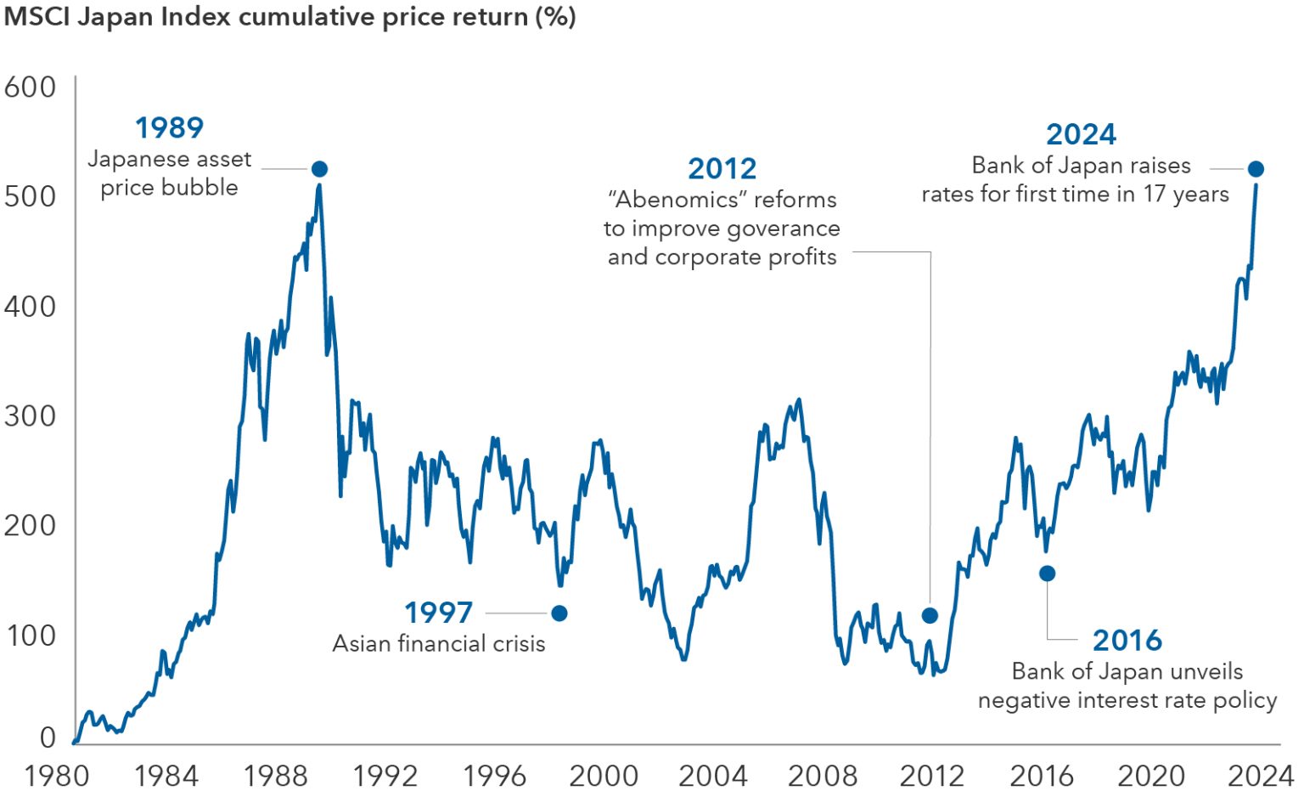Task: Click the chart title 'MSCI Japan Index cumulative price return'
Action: click(289, 17)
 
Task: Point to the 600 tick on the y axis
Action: click(31, 87)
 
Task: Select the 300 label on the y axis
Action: click(31, 416)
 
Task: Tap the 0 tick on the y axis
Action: click(48, 737)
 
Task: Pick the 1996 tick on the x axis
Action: click(494, 776)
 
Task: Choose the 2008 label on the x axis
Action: click(823, 776)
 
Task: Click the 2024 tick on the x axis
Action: click(1261, 776)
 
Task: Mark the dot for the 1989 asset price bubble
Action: click(319, 169)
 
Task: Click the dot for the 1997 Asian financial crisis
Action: click(559, 613)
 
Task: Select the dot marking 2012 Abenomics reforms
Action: click(930, 615)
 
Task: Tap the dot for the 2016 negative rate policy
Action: click(1048, 573)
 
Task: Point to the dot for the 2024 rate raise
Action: click(1256, 169)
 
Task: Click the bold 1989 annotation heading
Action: click(170, 128)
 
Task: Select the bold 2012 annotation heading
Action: click(722, 168)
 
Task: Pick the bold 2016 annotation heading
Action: click(1127, 640)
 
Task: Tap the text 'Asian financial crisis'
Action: click(438, 644)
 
